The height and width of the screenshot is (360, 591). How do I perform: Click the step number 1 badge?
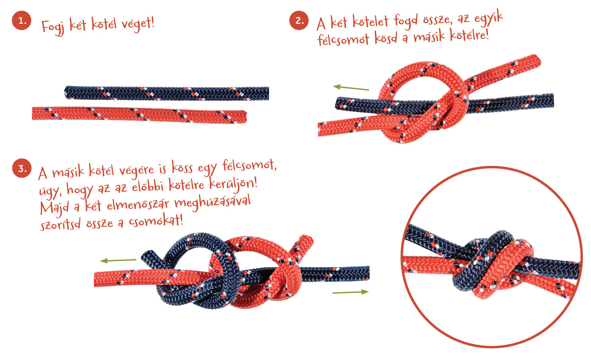click(22, 20)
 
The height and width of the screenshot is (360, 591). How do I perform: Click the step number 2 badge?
click(299, 20)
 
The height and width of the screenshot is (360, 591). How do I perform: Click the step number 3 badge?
click(22, 168)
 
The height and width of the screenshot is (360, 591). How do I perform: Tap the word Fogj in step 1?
click(53, 27)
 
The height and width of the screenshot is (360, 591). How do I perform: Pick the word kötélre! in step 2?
click(470, 35)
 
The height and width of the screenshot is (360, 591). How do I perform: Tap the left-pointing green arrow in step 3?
click(118, 261)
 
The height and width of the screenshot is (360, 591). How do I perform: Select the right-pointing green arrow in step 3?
click(350, 292)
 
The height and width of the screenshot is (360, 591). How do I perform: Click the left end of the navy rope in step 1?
click(66, 92)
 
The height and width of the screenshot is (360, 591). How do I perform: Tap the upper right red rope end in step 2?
click(537, 60)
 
